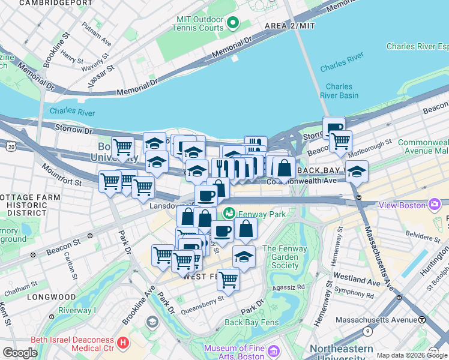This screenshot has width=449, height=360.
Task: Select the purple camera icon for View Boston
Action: point(433,205)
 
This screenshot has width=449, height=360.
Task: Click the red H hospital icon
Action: point(123,343)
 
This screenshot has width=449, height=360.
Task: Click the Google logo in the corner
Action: point(20,352)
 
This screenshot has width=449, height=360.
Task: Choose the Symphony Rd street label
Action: point(354,295)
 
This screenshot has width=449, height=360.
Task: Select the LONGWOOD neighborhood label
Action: point(50,297)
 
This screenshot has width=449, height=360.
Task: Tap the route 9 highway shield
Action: point(367,331)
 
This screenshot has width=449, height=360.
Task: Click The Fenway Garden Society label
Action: point(285,257)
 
